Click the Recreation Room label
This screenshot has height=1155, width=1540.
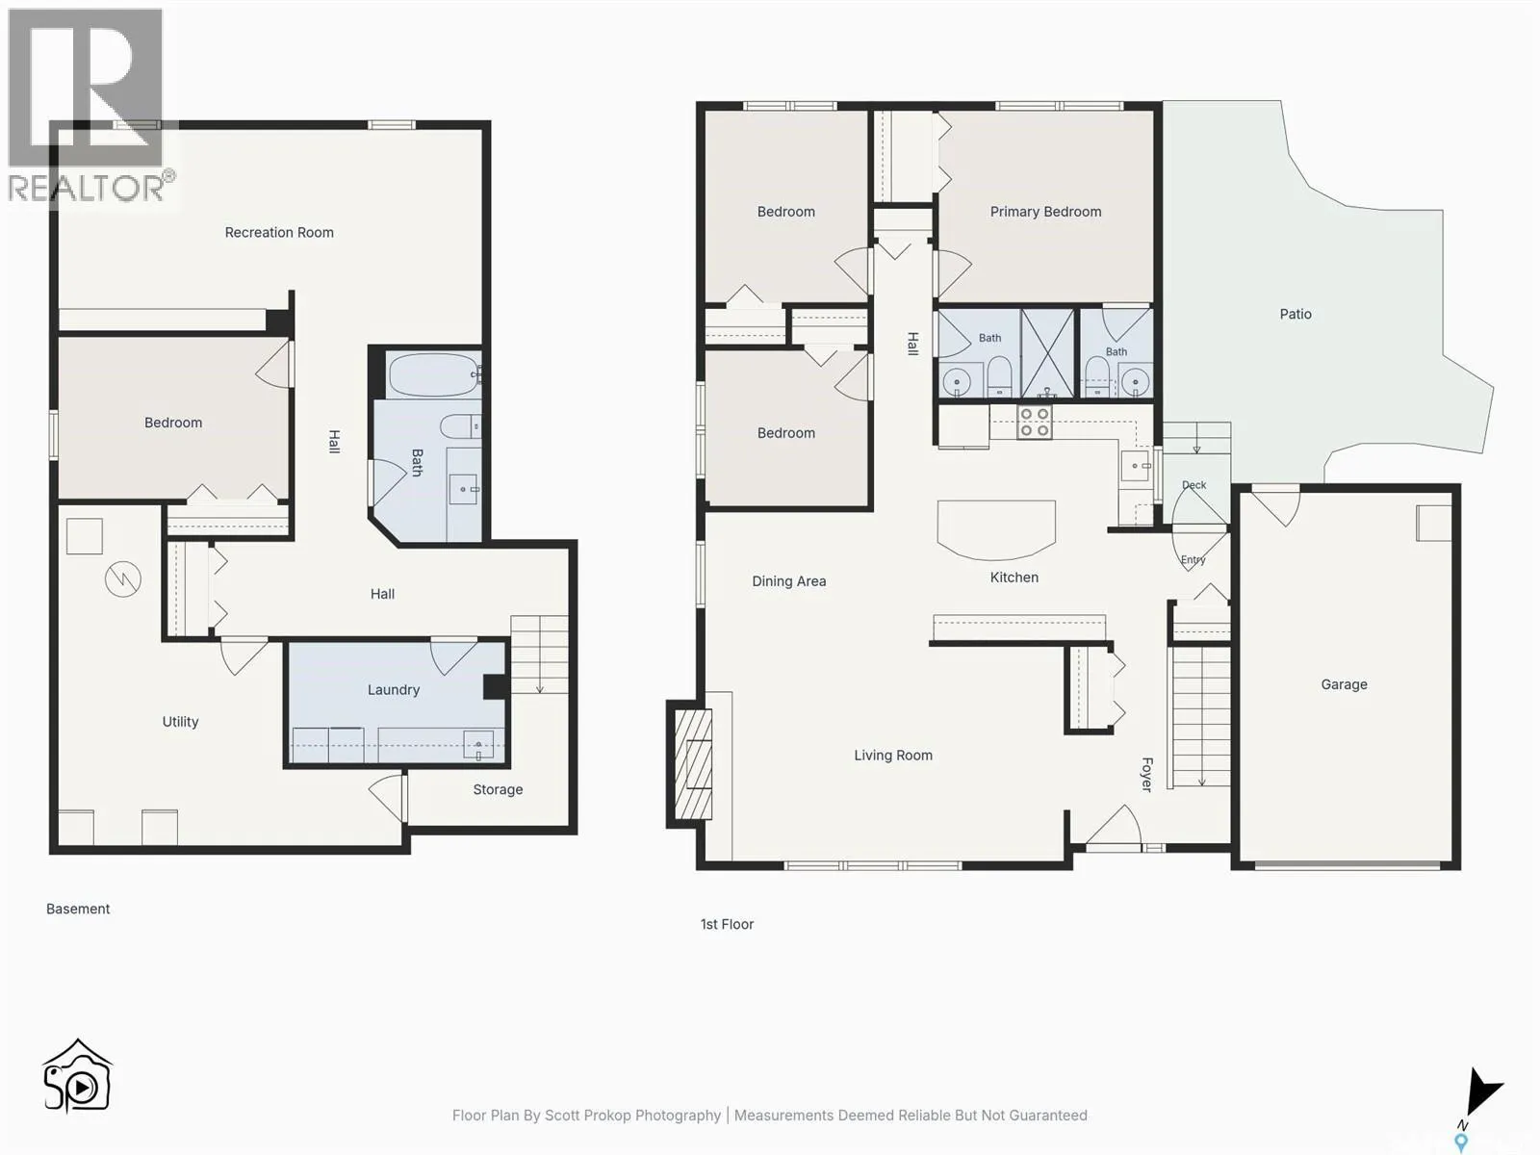(x=279, y=232)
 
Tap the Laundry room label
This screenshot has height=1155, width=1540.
(x=394, y=689)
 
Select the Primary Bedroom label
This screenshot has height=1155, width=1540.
(x=1045, y=212)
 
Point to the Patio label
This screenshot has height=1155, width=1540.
(x=1296, y=314)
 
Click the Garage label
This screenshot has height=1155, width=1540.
(x=1344, y=684)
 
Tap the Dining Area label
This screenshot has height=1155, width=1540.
(x=788, y=581)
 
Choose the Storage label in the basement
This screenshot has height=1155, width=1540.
(x=498, y=789)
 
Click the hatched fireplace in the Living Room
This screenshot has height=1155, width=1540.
(x=693, y=764)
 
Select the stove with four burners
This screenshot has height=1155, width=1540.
(x=1034, y=423)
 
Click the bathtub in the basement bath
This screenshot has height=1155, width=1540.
(x=433, y=375)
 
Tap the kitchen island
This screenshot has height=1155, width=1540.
(x=996, y=529)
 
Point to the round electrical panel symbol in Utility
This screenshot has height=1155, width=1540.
(x=123, y=579)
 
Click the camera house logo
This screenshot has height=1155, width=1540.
(x=77, y=1076)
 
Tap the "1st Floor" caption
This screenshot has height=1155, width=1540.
(x=727, y=924)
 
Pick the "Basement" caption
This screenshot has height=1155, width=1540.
(x=78, y=909)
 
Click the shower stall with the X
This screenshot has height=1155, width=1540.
(x=1047, y=353)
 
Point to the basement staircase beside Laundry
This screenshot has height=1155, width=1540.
(x=539, y=655)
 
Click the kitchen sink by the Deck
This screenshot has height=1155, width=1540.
(x=1135, y=466)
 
